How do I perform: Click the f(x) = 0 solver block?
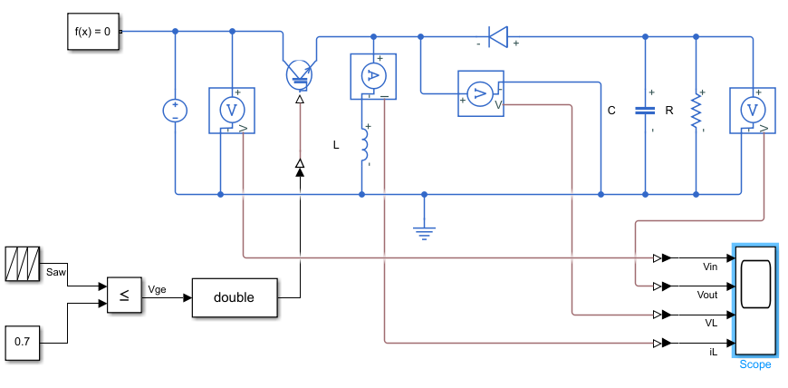click(x=93, y=31)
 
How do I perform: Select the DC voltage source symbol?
click(x=176, y=111)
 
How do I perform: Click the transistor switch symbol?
click(x=300, y=75)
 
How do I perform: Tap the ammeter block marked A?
click(x=373, y=76)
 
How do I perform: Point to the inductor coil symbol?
click(x=364, y=145)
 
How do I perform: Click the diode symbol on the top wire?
click(x=498, y=37)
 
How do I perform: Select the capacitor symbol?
click(x=645, y=111)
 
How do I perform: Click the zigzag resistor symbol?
click(x=696, y=111)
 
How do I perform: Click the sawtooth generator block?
click(x=23, y=263)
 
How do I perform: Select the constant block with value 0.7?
click(x=23, y=343)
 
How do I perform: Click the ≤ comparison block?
click(x=124, y=295)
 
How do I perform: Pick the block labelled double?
click(x=235, y=297)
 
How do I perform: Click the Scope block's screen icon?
click(x=755, y=284)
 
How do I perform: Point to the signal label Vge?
click(x=157, y=290)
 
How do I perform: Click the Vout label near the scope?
click(x=707, y=295)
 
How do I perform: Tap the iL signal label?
click(x=713, y=353)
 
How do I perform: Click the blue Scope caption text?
click(x=754, y=364)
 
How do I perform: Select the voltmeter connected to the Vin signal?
click(x=232, y=111)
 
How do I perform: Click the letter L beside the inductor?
click(x=336, y=145)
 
